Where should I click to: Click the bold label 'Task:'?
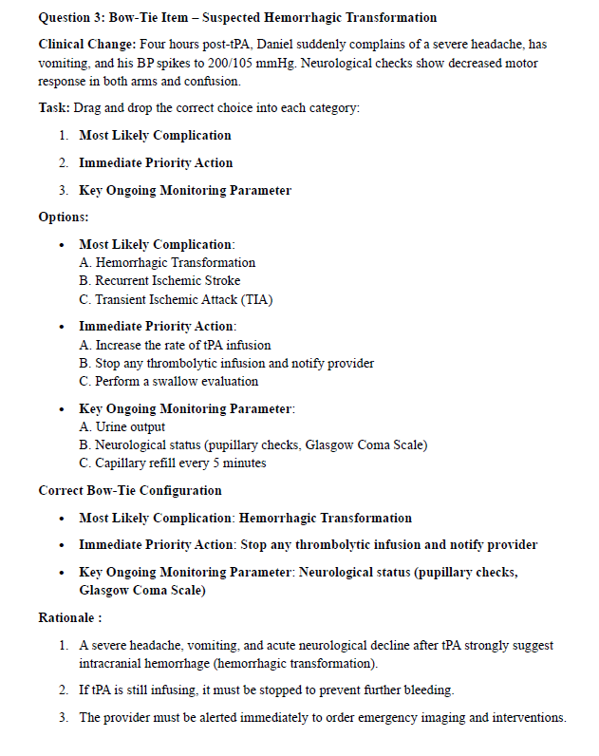point(55,108)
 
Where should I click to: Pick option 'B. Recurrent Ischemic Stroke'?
point(159,280)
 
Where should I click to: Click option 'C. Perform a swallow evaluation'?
point(168,381)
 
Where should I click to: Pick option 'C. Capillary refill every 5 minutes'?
point(173,463)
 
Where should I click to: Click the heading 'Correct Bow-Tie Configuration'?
point(130,490)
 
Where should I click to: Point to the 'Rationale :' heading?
point(70,618)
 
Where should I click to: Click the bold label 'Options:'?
point(64,217)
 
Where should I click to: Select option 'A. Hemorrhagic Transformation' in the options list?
point(167,262)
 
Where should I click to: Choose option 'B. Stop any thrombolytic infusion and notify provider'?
point(227,363)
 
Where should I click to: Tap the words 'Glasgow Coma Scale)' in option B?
point(366,444)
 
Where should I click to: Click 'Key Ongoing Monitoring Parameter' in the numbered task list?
point(185,190)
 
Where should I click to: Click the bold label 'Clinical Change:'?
point(85,45)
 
